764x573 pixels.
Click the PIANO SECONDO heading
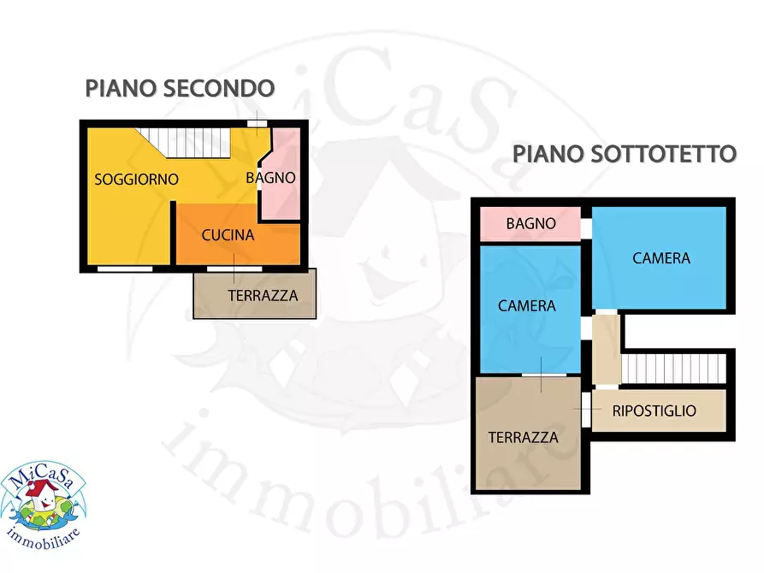[180, 88]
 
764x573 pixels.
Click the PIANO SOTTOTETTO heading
[625, 154]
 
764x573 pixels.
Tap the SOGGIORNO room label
[136, 180]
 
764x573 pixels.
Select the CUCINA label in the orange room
[228, 235]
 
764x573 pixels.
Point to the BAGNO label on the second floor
[270, 178]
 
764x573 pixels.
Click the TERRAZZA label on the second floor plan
[263, 296]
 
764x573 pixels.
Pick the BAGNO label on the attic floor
[530, 224]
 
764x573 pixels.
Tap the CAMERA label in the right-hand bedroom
[661, 257]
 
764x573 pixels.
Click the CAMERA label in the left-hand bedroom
[527, 305]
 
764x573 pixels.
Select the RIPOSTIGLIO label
[654, 411]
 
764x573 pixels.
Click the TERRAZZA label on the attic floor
[523, 437]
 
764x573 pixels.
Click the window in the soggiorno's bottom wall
[124, 269]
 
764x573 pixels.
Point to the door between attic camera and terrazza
[544, 375]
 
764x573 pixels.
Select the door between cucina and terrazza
[234, 269]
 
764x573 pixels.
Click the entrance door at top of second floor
[256, 124]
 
